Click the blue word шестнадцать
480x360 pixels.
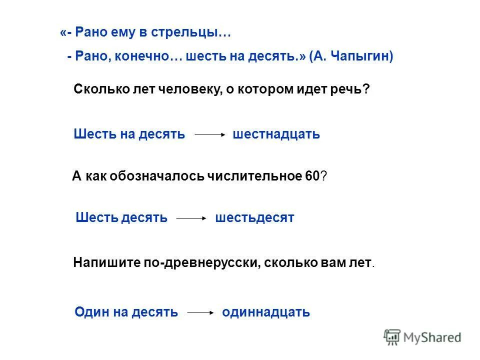(x=276, y=134)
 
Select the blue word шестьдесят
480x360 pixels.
(x=254, y=218)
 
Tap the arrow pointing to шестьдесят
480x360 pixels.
(x=191, y=218)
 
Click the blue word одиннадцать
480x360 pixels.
(x=266, y=312)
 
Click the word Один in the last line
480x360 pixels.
(x=90, y=312)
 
